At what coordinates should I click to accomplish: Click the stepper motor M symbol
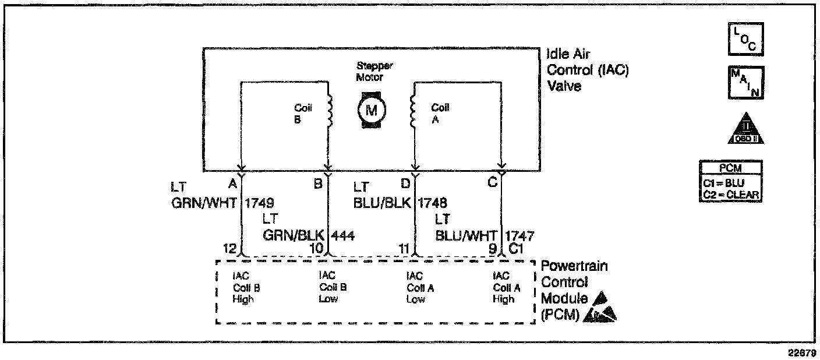[370, 110]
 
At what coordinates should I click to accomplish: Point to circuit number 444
[343, 235]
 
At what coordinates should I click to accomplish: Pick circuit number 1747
[519, 235]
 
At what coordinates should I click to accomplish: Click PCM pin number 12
[230, 249]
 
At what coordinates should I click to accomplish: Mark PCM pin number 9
[492, 249]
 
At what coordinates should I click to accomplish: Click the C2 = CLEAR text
[731, 195]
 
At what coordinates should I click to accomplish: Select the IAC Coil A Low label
[416, 287]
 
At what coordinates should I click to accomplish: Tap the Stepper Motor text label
[370, 72]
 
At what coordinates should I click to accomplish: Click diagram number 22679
[804, 352]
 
